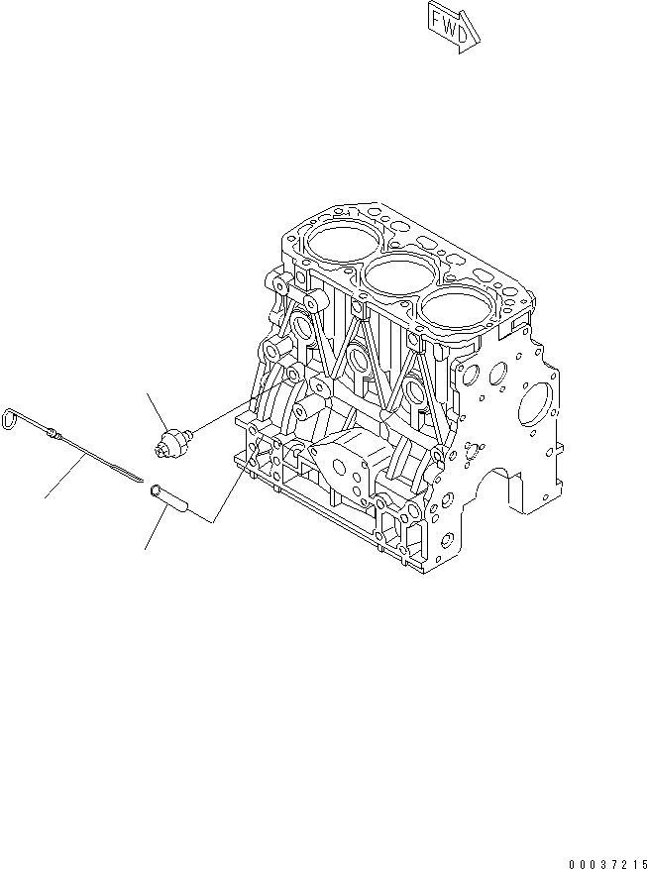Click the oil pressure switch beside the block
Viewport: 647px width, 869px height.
pos(173,439)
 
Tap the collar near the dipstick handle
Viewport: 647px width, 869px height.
pos(53,433)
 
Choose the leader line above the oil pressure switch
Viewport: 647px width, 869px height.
pos(158,410)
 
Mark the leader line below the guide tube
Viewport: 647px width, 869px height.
pos(153,531)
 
